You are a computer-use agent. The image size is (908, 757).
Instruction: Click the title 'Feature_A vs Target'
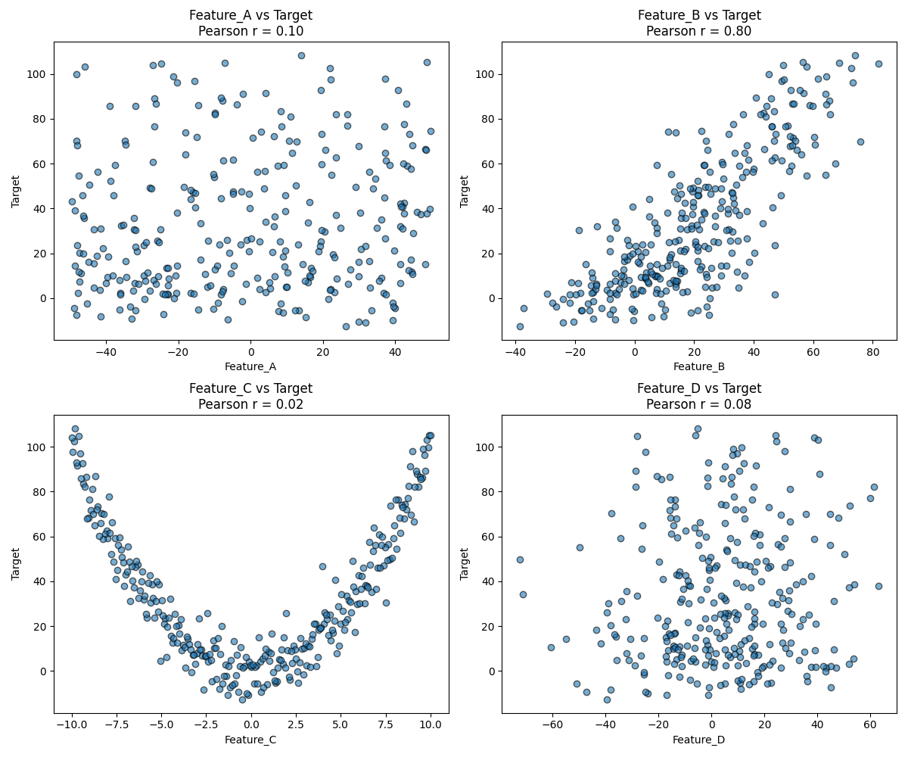[x=250, y=15]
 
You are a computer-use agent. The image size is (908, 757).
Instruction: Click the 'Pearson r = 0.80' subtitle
[x=699, y=32]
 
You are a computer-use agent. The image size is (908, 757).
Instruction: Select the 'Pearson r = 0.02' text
[x=250, y=405]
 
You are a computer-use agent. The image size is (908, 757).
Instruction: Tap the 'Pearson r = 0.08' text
[x=699, y=405]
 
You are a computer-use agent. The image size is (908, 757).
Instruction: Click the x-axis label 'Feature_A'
[x=250, y=367]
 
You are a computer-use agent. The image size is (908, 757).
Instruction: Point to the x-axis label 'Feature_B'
[x=699, y=367]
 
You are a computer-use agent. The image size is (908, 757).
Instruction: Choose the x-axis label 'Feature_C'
[x=250, y=740]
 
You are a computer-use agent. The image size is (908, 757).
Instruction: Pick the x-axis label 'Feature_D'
[x=699, y=740]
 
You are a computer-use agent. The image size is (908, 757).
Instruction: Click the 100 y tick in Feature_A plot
[x=36, y=74]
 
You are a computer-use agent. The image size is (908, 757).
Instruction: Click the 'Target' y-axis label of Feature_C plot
[x=17, y=563]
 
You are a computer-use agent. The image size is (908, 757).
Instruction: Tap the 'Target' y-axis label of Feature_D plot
[x=465, y=563]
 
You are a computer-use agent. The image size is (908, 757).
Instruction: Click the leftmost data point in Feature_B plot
[x=520, y=326]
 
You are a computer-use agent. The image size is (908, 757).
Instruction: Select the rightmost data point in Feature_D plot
[x=878, y=586]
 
